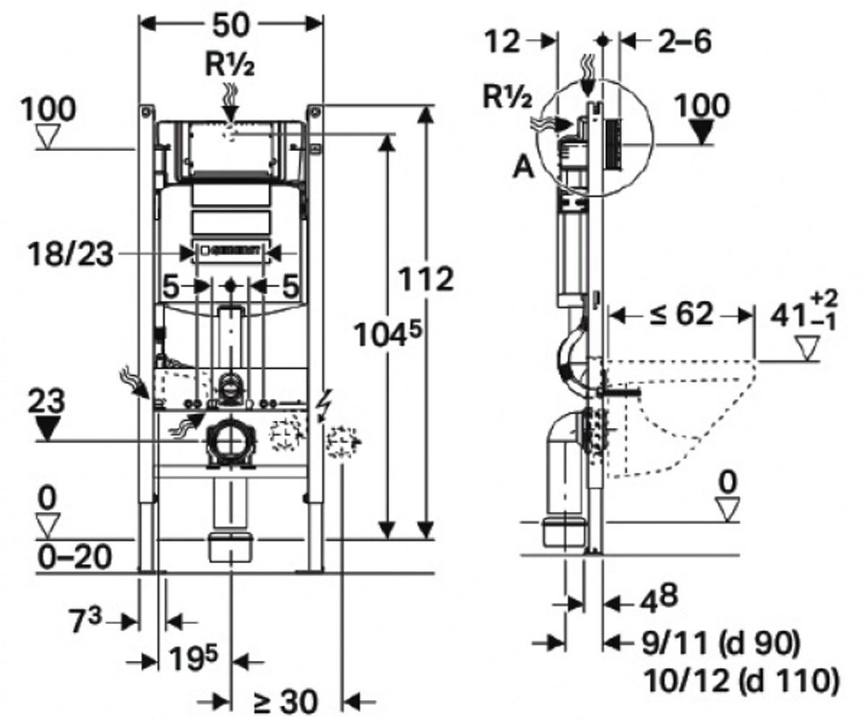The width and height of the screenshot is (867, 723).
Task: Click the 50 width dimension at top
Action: point(231,25)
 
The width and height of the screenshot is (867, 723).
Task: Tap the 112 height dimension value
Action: point(426,279)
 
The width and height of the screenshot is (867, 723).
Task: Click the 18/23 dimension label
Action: point(71,254)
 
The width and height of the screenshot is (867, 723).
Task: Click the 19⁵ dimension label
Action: point(193,660)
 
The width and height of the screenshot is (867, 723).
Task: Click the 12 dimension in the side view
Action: point(502,41)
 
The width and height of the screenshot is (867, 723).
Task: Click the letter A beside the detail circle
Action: point(523,168)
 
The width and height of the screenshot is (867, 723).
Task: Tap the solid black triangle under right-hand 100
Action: point(702,133)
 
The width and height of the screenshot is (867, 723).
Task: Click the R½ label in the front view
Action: point(230,64)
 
